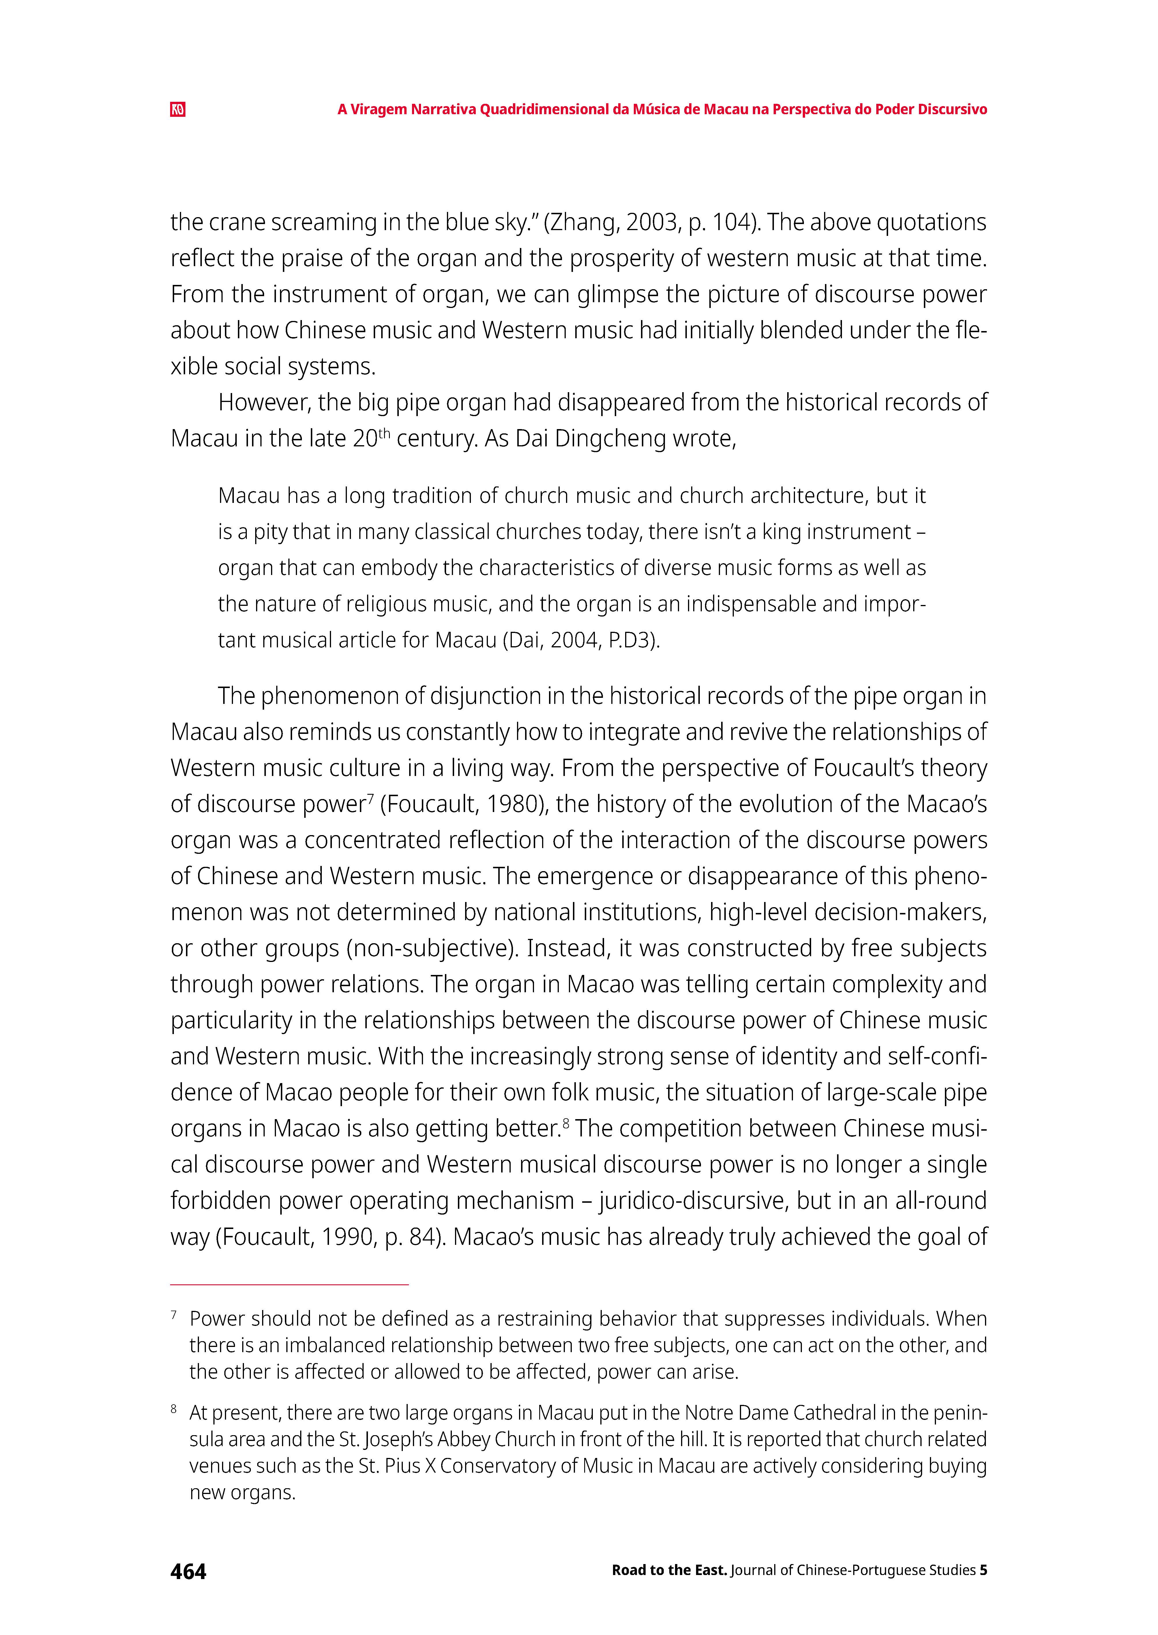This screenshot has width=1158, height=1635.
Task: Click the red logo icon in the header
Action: (x=178, y=109)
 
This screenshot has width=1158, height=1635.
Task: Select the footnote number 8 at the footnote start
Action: (x=174, y=1409)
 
